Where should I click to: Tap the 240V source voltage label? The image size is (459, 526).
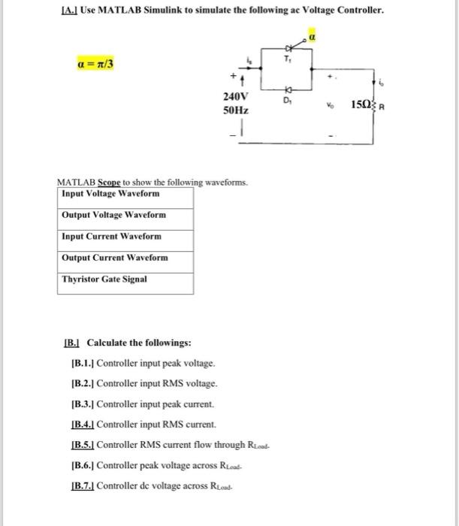(x=237, y=97)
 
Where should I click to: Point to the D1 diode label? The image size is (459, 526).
(x=287, y=98)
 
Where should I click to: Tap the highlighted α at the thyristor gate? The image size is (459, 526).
(x=310, y=35)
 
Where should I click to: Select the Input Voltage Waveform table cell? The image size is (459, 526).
(x=125, y=194)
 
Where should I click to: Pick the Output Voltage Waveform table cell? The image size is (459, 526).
(x=125, y=215)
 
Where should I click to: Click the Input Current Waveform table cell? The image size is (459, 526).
(x=125, y=236)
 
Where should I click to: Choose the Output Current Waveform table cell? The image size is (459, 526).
(x=125, y=257)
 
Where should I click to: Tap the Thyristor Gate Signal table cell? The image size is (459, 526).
(x=125, y=279)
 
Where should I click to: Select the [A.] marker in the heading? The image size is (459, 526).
(x=68, y=11)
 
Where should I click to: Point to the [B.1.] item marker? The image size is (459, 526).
(x=81, y=363)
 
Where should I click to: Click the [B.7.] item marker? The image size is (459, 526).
(x=81, y=486)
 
